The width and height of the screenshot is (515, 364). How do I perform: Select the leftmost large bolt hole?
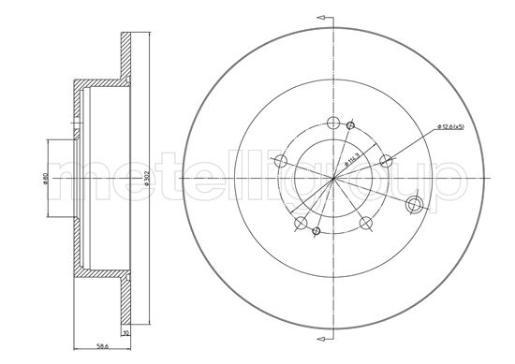(x=278, y=163)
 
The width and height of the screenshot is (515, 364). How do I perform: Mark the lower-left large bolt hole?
(x=300, y=223)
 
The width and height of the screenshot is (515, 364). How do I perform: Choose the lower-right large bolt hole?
(x=365, y=222)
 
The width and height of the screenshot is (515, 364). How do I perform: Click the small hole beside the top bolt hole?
(x=350, y=126)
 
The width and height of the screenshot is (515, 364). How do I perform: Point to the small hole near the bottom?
(x=316, y=230)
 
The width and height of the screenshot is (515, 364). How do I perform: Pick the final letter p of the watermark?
(x=449, y=182)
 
